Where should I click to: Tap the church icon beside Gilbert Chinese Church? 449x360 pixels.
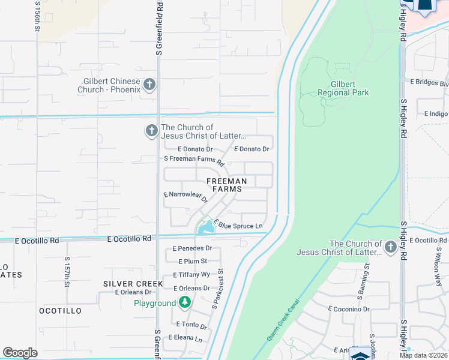[x=149, y=85]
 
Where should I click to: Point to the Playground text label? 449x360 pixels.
[x=154, y=304]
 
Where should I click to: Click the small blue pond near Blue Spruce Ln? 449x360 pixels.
[x=205, y=227]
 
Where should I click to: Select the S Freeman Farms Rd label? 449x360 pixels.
[x=194, y=161]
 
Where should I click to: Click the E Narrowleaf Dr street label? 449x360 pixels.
[x=185, y=196]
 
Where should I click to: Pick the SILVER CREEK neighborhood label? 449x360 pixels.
[x=133, y=283]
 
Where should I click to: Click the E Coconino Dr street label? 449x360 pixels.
[x=351, y=308]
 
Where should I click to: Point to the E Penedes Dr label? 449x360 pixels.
[x=192, y=248]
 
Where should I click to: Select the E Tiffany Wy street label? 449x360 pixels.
[x=191, y=274]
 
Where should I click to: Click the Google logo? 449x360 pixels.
[x=20, y=353]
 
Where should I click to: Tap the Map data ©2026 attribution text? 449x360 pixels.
[x=423, y=355]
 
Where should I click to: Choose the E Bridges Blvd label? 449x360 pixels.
[x=429, y=82]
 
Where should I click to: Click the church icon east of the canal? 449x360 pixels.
[x=390, y=247]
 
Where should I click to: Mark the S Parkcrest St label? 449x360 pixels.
[x=217, y=289]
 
